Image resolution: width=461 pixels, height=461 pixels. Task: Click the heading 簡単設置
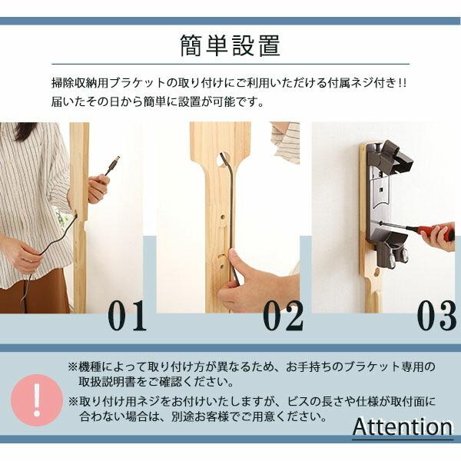(x=230, y=45)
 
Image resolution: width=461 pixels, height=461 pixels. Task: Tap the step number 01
(x=127, y=316)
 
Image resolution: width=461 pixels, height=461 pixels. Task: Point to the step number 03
(x=436, y=316)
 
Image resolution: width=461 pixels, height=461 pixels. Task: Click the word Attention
(x=403, y=427)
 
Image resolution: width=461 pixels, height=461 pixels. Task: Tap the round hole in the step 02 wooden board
(x=223, y=218)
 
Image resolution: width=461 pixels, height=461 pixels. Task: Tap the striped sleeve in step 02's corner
(x=286, y=142)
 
